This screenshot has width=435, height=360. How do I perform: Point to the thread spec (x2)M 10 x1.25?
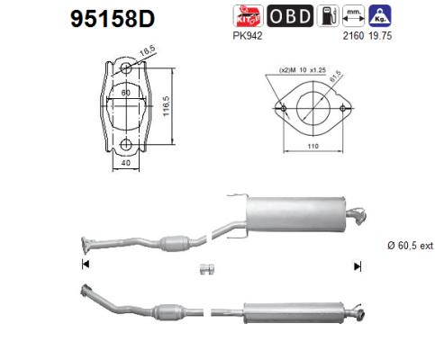(304, 69)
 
